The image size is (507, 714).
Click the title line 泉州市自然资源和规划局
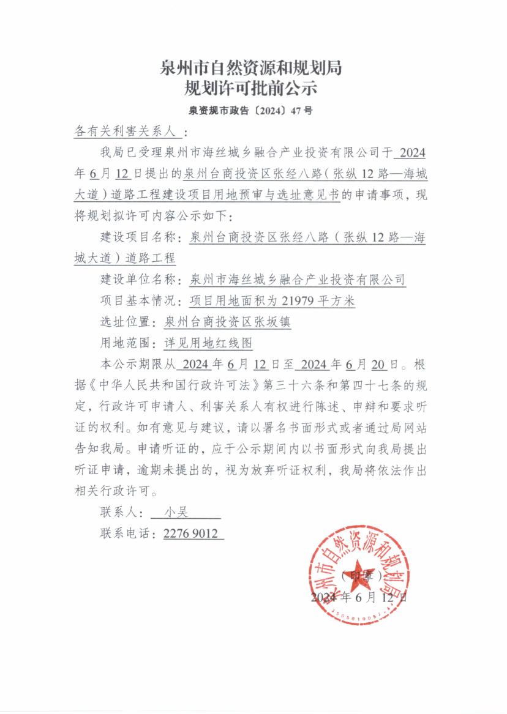251,68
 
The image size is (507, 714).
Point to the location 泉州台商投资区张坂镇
228,322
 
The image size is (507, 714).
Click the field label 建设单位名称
137,280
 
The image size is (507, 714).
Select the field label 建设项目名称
137,237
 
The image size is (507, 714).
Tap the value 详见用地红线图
208,343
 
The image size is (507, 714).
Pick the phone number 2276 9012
190,534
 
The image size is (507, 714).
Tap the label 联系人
121,512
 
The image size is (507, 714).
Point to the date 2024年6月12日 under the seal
358,597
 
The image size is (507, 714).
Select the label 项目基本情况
137,301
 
